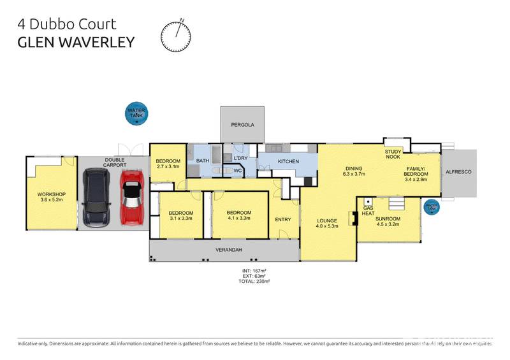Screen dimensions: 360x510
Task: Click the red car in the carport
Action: coord(132,197)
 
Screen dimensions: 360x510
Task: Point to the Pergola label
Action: coord(242,125)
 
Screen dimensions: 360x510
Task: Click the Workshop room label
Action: coord(50,194)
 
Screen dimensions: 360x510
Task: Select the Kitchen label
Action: coord(288,162)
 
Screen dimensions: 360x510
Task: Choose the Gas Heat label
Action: coord(368,211)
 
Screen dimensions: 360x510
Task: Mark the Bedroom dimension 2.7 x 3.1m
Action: coord(168,168)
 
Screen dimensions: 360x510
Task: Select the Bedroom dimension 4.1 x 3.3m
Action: coord(239,219)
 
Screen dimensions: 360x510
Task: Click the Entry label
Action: coord(283,220)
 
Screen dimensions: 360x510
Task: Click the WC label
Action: coord(236,171)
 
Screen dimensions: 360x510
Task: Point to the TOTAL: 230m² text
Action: coord(255,280)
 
